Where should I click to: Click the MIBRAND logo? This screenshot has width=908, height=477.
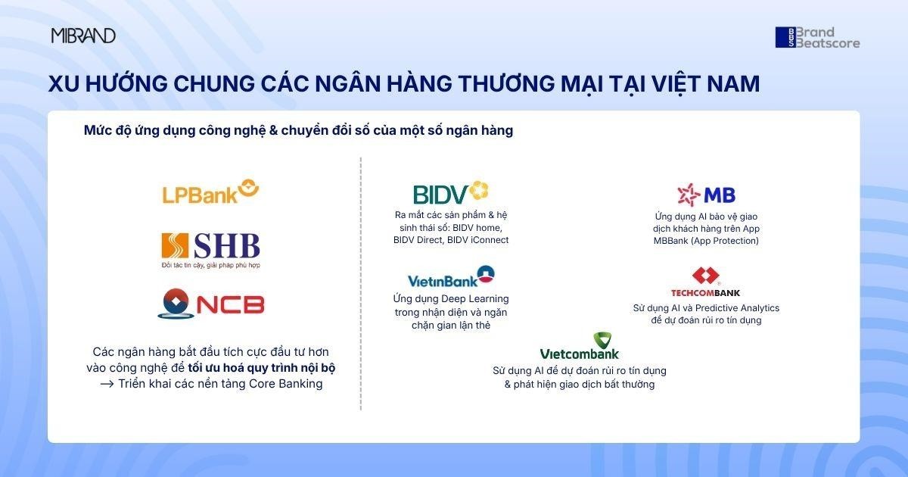click(83, 36)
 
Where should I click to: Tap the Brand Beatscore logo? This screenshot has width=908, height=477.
click(817, 38)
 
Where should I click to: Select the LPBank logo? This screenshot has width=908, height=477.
click(210, 192)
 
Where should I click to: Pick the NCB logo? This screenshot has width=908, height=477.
click(210, 304)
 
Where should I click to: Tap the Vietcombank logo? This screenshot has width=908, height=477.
click(580, 346)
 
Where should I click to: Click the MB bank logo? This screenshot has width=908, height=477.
click(706, 195)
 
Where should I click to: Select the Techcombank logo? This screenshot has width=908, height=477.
click(705, 282)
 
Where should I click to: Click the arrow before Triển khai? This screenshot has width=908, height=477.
click(106, 384)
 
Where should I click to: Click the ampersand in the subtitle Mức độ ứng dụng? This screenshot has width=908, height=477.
click(273, 130)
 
